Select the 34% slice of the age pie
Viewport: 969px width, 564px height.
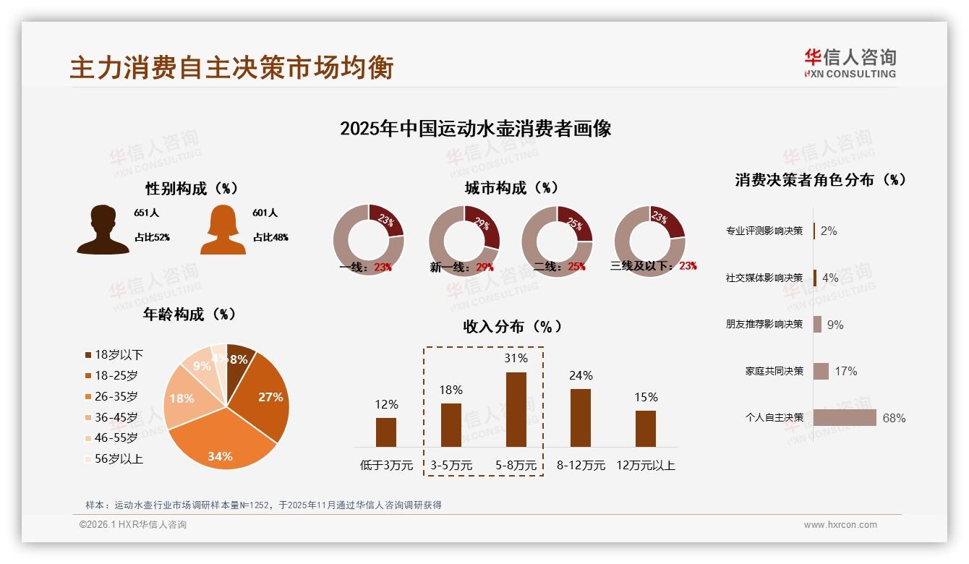[220, 441]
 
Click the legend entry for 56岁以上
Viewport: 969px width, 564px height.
[114, 458]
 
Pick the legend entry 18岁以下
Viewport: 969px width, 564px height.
[114, 354]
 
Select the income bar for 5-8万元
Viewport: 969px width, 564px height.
[516, 409]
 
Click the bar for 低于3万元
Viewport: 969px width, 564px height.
[386, 432]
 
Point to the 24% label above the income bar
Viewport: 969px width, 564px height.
[581, 375]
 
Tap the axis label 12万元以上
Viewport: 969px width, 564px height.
[645, 465]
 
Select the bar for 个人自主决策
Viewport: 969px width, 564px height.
[845, 418]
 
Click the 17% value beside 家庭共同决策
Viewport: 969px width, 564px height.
[845, 371]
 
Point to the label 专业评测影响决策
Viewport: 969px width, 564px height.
[764, 231]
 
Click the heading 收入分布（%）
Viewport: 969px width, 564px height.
[512, 326]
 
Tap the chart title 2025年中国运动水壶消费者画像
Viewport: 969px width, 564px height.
[475, 129]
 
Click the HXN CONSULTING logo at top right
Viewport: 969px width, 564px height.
[850, 64]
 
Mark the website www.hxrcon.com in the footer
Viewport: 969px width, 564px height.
[840, 525]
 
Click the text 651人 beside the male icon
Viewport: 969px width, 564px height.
[146, 213]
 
